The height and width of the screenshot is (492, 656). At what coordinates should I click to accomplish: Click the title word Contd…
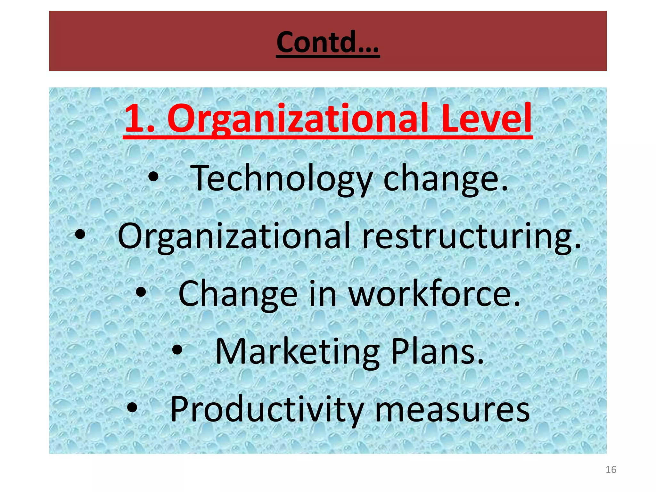(328, 42)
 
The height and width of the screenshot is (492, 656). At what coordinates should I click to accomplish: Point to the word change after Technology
(445, 178)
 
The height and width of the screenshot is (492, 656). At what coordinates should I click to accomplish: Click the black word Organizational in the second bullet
(234, 236)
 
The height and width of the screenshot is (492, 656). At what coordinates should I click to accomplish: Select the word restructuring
(471, 236)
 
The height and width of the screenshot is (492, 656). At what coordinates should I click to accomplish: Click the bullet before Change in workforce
(141, 292)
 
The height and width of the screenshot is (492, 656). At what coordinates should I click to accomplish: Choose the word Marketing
(298, 352)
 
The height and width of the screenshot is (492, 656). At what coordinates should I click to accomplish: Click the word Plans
(437, 351)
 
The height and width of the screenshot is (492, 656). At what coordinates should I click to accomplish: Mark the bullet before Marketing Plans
(177, 350)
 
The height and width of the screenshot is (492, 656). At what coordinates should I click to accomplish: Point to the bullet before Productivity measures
(132, 408)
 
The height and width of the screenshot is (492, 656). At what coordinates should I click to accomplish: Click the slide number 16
(611, 470)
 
